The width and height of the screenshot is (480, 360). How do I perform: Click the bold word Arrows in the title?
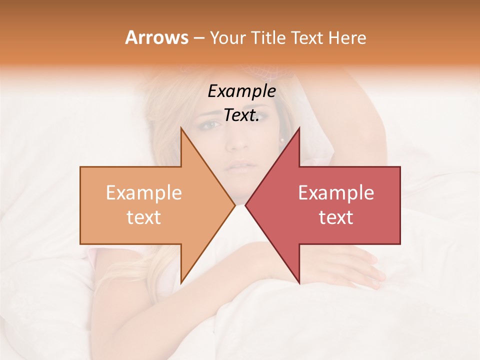pyautogui.click(x=156, y=37)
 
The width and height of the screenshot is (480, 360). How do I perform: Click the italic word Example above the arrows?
pyautogui.click(x=241, y=91)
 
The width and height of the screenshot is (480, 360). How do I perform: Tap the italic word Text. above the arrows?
pyautogui.click(x=241, y=115)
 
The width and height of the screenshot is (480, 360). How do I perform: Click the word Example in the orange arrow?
pyautogui.click(x=144, y=193)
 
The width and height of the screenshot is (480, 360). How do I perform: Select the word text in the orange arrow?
pyautogui.click(x=144, y=217)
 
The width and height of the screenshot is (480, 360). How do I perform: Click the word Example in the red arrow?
pyautogui.click(x=336, y=193)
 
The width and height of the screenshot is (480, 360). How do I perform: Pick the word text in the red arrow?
pyautogui.click(x=336, y=217)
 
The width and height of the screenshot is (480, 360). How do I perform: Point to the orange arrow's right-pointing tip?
pyautogui.click(x=234, y=205)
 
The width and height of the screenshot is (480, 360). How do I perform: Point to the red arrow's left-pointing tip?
pyautogui.click(x=245, y=205)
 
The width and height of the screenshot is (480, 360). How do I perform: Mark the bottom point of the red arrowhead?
pyautogui.click(x=299, y=283)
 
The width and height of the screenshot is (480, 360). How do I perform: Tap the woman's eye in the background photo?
pyautogui.click(x=212, y=124)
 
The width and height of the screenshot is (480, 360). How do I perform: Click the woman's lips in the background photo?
pyautogui.click(x=240, y=165)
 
